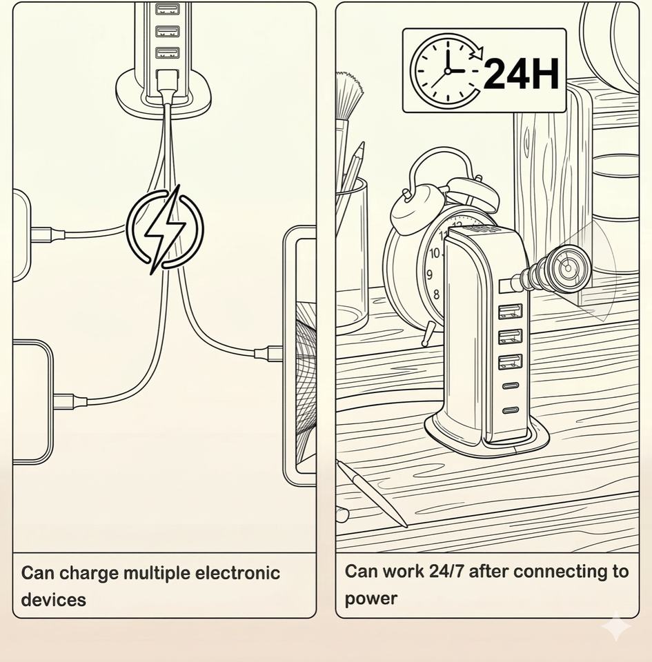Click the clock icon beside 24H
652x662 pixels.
445,71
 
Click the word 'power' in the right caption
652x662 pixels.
371,598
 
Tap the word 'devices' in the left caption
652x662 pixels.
53,599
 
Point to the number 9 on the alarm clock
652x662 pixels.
429,275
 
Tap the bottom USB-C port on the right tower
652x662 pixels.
511,411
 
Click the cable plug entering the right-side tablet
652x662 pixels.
269,354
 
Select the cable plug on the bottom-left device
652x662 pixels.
68,401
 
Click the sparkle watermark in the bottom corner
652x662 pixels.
615,626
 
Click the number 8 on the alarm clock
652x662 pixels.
436,295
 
